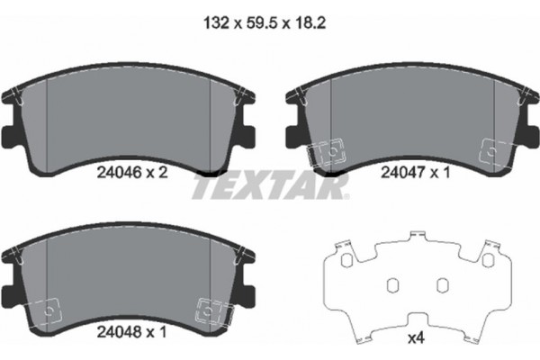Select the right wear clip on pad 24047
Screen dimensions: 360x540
pyautogui.click(x=493, y=151)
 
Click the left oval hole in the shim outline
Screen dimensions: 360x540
pyautogui.click(x=392, y=285)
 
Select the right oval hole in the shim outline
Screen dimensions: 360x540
pyautogui.click(x=442, y=285)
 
